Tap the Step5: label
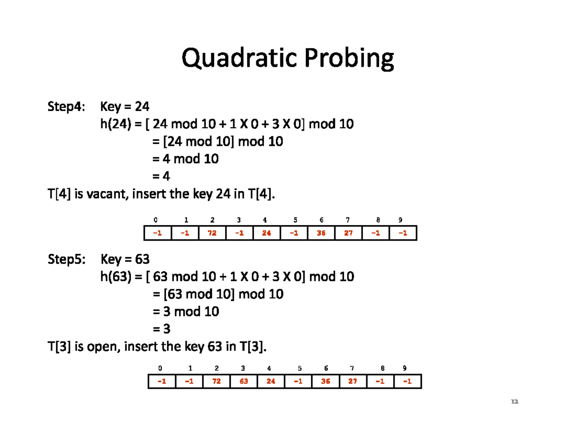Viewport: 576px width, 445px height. coord(67,260)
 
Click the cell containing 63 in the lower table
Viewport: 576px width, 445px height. coord(244,382)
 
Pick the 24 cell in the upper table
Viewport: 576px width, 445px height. coord(267,233)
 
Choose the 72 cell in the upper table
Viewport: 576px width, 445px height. coord(212,233)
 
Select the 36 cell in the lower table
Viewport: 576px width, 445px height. coord(325,382)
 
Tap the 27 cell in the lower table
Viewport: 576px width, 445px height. coord(353,382)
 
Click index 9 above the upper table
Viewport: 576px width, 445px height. coord(400,220)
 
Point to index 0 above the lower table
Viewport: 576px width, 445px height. coord(160,369)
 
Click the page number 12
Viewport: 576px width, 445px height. coord(515,401)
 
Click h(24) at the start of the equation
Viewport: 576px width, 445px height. coord(116,124)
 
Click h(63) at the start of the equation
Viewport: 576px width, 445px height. coord(116,277)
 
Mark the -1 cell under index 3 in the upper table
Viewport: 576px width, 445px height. coord(239,233)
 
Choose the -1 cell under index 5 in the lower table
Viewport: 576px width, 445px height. coord(299,382)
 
